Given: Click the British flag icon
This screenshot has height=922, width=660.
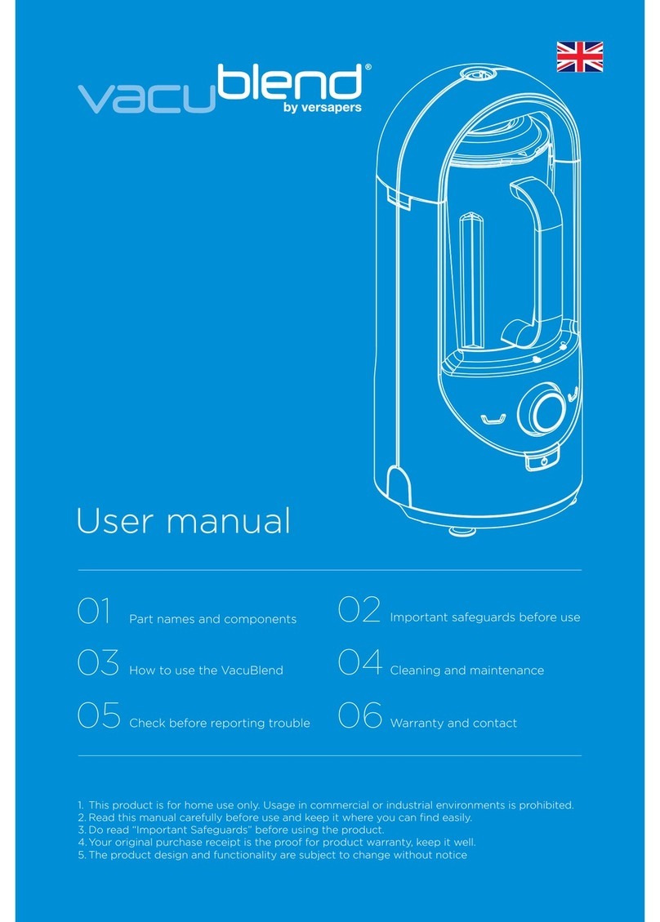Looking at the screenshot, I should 579,58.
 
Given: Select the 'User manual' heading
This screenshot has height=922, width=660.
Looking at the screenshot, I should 183,521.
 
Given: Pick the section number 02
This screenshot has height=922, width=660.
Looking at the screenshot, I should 359,612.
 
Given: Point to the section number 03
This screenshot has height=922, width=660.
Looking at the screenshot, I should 98,665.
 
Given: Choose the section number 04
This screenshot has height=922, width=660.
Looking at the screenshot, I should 360,664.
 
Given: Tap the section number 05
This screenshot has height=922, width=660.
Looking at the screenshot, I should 98,717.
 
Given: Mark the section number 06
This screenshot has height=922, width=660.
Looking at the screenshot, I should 360,716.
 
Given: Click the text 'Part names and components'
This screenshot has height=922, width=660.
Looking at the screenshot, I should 212,620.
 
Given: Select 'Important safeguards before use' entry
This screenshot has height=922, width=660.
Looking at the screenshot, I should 485,617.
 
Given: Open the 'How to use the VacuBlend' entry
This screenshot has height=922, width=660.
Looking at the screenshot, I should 206,670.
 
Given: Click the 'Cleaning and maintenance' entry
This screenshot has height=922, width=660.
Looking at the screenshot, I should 466,670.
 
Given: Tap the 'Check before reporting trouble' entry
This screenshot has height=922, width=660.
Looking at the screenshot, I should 220,724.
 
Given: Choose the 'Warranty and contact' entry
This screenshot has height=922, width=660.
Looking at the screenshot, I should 453,724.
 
